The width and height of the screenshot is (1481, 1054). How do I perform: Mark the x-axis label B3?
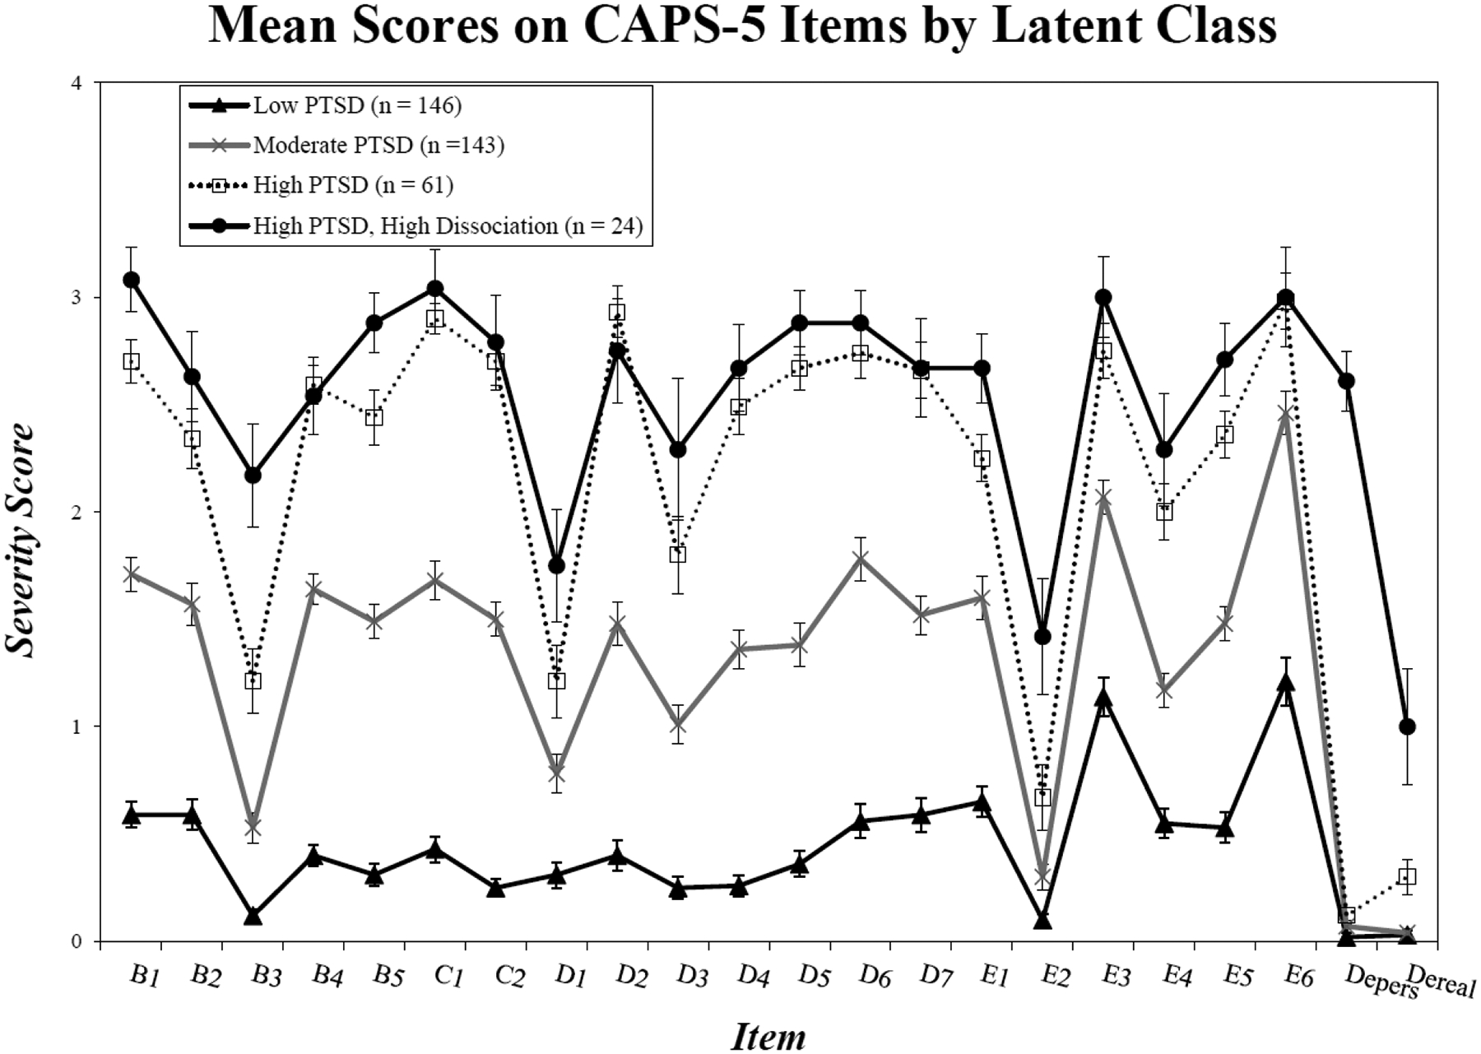tap(266, 977)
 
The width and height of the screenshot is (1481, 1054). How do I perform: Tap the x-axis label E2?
tap(1056, 977)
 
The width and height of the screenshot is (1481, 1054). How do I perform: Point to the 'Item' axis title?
tap(768, 1035)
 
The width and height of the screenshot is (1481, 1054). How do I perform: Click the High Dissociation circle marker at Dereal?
tap(1407, 727)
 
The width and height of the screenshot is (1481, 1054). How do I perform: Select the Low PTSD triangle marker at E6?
tap(1285, 684)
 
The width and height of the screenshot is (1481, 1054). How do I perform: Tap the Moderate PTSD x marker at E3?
tap(1103, 499)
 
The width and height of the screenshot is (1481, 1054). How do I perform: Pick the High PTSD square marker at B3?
tap(253, 681)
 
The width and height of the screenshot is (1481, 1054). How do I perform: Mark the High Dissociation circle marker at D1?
tap(556, 566)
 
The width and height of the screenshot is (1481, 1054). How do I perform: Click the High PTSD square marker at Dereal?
tap(1407, 876)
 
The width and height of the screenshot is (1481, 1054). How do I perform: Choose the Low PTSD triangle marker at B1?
tap(132, 815)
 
